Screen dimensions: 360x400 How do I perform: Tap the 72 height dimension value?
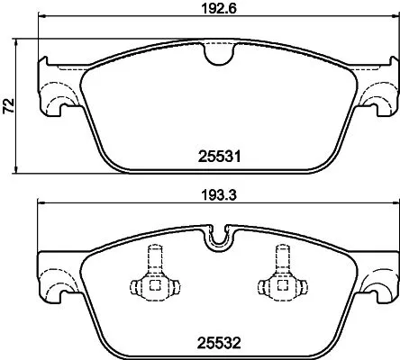[x=9, y=106]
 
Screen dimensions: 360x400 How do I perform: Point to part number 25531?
[x=216, y=155]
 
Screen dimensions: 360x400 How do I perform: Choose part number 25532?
[x=216, y=341]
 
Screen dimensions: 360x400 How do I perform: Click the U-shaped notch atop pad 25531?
[x=215, y=55]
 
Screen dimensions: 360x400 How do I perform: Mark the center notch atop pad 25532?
[x=215, y=238]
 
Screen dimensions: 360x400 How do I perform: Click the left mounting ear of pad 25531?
[x=56, y=94]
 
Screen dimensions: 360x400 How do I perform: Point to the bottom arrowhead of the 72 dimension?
[x=21, y=170]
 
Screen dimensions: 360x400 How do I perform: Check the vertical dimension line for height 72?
[x=21, y=135]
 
